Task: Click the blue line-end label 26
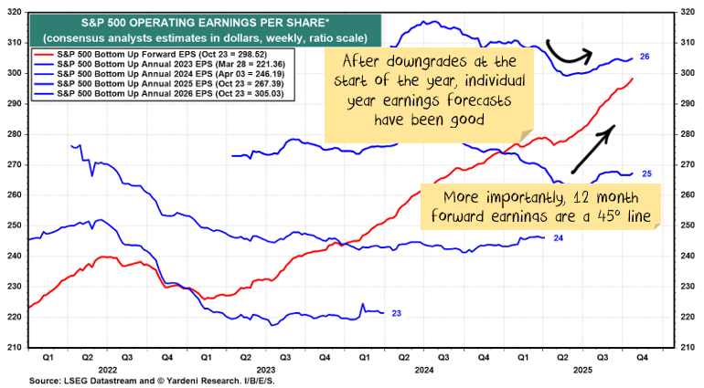click(645, 58)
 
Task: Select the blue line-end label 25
click(645, 173)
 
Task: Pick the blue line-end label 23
click(397, 313)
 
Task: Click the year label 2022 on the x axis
click(107, 370)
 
